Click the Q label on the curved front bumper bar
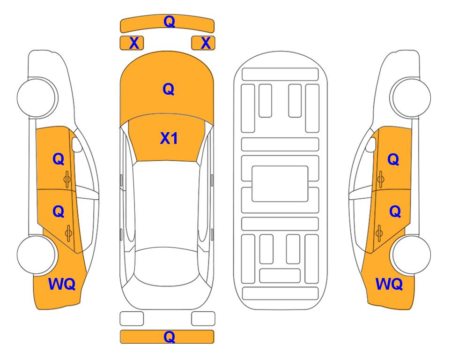click(169, 22)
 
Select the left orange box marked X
click(132, 43)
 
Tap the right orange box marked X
click(203, 43)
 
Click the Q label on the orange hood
click(168, 89)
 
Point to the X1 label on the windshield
click(169, 138)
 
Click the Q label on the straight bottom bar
click(169, 337)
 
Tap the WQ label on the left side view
click(62, 284)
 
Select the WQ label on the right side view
click(389, 284)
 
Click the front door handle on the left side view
click(67, 179)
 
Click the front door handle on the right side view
click(381, 179)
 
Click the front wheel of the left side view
click(37, 97)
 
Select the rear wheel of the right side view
click(410, 255)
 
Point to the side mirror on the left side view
click(76, 144)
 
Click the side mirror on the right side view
click(371, 144)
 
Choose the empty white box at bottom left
click(132, 318)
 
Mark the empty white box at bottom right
click(203, 318)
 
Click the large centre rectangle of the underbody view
click(280, 184)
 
